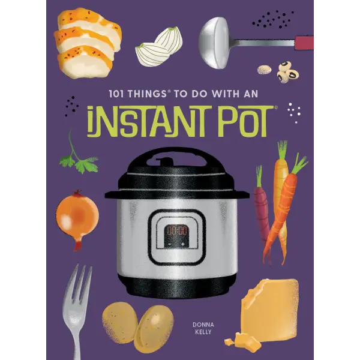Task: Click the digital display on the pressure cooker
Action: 176,230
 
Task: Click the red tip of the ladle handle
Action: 305,41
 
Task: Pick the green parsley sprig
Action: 78,158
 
